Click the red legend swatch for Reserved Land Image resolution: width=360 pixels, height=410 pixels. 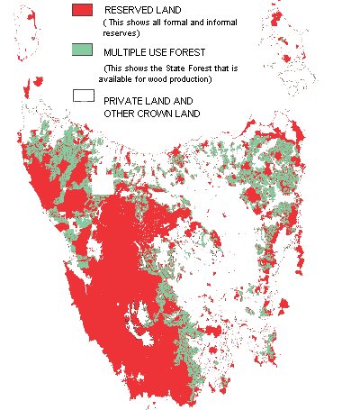coord(83,10)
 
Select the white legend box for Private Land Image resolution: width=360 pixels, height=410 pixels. coord(83,95)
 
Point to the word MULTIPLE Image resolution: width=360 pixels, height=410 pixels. coord(127,51)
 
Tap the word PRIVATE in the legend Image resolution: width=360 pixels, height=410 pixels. coord(124,101)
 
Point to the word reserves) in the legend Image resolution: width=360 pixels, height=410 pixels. coord(121,33)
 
